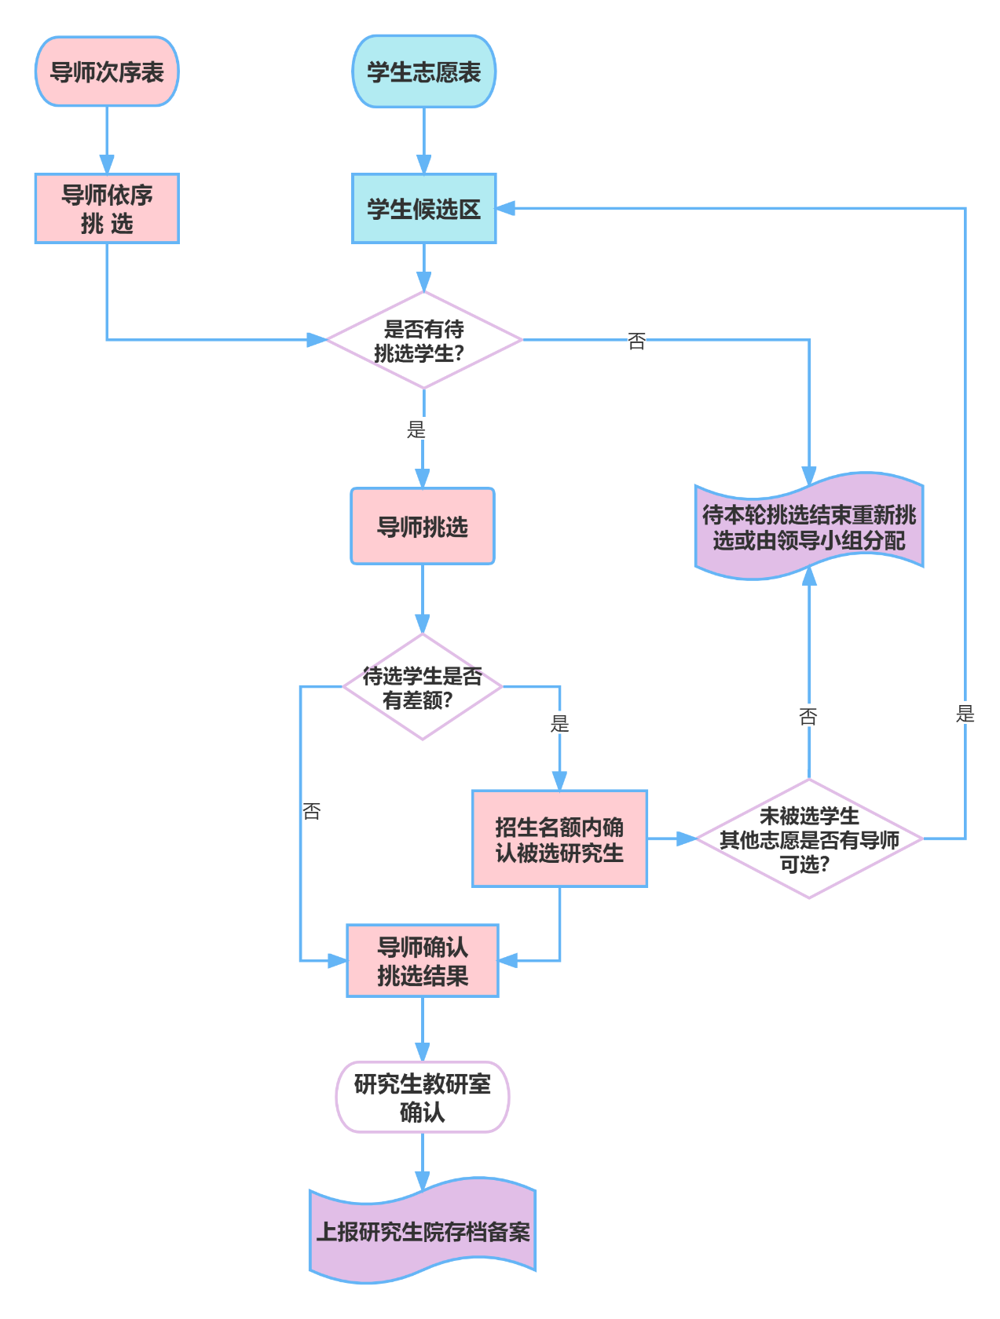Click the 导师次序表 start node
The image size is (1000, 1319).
point(107,71)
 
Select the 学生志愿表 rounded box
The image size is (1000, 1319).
point(423,71)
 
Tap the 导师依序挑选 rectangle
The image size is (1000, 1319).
point(107,209)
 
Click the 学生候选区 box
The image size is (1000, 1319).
point(423,209)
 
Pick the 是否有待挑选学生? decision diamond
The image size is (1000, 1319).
point(423,340)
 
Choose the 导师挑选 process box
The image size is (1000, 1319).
point(423,526)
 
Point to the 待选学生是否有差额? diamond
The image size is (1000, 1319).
point(423,687)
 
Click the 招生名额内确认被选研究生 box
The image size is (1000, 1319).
point(559,839)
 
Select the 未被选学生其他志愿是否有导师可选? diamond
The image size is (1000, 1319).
point(809,839)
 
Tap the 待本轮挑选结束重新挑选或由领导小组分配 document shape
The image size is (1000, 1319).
point(809,527)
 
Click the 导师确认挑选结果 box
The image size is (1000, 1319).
point(423,961)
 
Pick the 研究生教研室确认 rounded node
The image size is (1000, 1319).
point(423,1097)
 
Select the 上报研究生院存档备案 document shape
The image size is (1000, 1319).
point(423,1231)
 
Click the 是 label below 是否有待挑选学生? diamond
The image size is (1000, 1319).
point(416,429)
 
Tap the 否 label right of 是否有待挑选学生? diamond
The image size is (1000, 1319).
point(636,341)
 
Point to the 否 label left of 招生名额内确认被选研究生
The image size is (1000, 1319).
point(312,811)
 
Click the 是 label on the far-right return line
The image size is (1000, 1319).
point(965,714)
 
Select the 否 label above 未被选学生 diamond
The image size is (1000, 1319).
point(808,716)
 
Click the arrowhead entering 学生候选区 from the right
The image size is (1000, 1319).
point(505,208)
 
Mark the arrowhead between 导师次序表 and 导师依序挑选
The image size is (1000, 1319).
point(107,165)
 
